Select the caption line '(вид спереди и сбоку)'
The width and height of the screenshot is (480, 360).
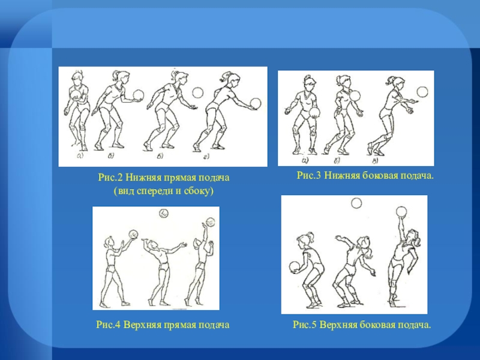(x=163, y=191)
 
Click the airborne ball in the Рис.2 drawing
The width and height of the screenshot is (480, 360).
(x=198, y=92)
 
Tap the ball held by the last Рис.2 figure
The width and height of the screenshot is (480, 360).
(x=256, y=103)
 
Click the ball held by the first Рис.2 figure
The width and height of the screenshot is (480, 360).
(x=76, y=94)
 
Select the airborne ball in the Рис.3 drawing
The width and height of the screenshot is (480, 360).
(x=423, y=92)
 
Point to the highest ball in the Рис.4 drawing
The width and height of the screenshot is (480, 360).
(x=164, y=213)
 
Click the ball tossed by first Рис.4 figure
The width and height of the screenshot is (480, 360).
(x=133, y=234)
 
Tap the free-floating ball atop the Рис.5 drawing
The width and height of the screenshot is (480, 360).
(x=356, y=203)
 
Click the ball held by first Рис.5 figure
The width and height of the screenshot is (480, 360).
(x=295, y=267)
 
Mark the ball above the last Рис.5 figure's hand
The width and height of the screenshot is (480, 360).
(x=401, y=212)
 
